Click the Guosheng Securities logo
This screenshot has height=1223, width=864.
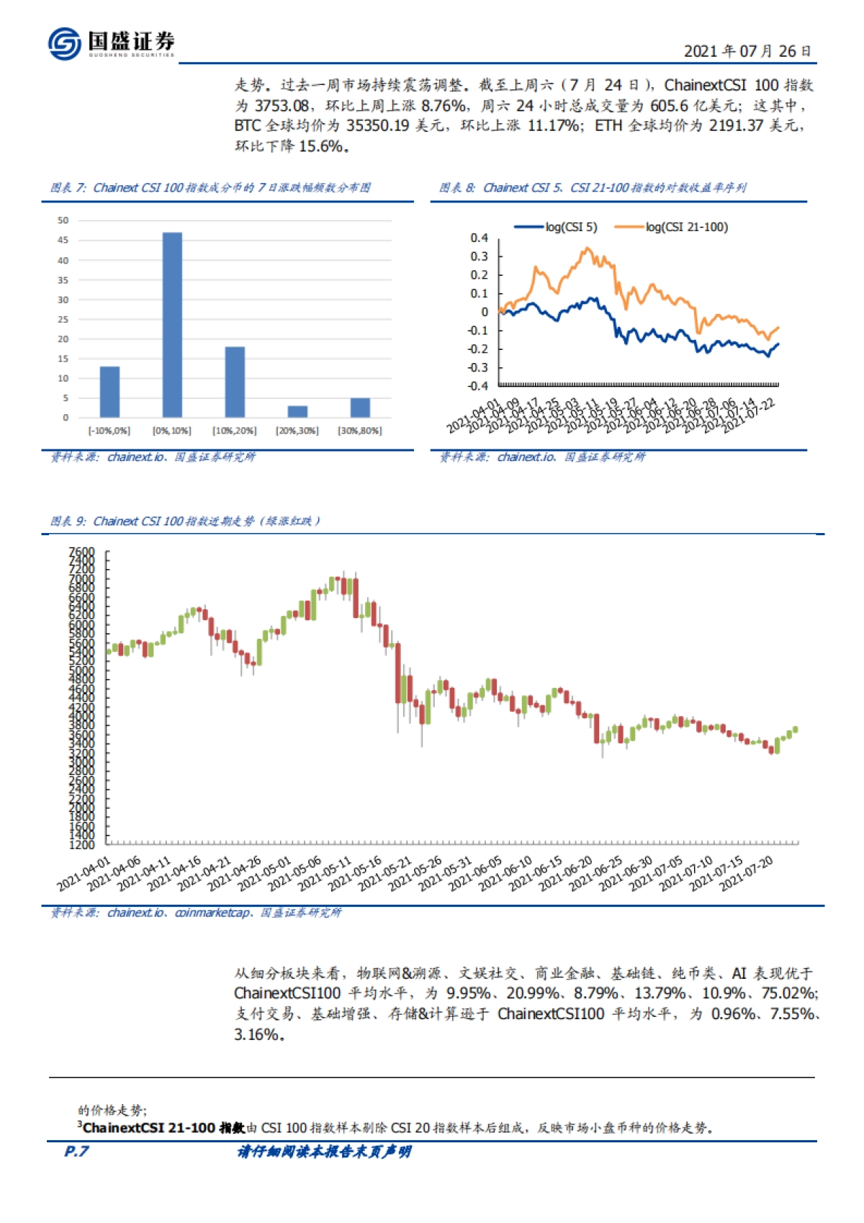point(111,43)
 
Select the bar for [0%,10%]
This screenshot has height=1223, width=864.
point(172,324)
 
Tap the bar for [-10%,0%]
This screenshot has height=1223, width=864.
point(109,391)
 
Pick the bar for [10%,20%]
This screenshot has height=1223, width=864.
point(235,382)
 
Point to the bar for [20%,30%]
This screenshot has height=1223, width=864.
point(297,411)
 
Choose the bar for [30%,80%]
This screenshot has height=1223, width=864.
point(360,407)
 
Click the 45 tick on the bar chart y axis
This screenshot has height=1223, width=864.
point(63,241)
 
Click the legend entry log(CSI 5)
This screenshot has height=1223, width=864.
point(556,228)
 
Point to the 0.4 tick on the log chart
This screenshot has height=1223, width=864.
point(479,238)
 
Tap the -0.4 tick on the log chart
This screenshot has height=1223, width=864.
point(477,386)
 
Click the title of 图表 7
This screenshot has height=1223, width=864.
point(210,188)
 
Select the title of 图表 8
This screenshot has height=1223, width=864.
point(593,188)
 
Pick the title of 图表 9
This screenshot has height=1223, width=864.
point(185,521)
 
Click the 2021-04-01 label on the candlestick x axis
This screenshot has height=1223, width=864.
point(84,873)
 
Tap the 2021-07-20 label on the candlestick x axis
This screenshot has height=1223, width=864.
point(746,873)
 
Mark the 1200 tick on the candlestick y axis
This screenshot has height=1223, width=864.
point(81,844)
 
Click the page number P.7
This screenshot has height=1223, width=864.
point(76,1152)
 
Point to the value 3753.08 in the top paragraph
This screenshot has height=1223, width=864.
point(282,106)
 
